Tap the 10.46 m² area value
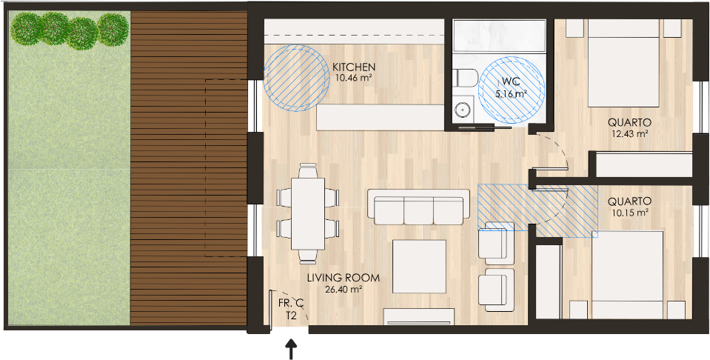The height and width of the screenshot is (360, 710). pyautogui.click(x=354, y=78)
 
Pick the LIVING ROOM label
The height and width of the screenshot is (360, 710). pyautogui.click(x=344, y=278)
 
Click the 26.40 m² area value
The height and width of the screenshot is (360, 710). pyautogui.click(x=344, y=289)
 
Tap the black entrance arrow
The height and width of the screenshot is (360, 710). pyautogui.click(x=291, y=350)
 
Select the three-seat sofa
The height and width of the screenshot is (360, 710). pyautogui.click(x=418, y=207)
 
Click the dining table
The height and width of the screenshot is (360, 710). pyautogui.click(x=308, y=213)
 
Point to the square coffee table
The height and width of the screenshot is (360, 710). pyautogui.click(x=419, y=267)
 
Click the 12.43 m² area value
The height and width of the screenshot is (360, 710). pyautogui.click(x=629, y=133)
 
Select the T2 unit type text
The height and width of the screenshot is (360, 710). pyautogui.click(x=291, y=316)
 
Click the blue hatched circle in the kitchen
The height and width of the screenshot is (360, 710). pyautogui.click(x=297, y=78)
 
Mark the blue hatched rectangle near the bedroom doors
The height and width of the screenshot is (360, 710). pyautogui.click(x=538, y=211)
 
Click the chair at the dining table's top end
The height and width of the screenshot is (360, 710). pyautogui.click(x=308, y=170)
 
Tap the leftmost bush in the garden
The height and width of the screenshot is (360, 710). pyautogui.click(x=27, y=28)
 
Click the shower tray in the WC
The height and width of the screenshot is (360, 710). pyautogui.click(x=500, y=37)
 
